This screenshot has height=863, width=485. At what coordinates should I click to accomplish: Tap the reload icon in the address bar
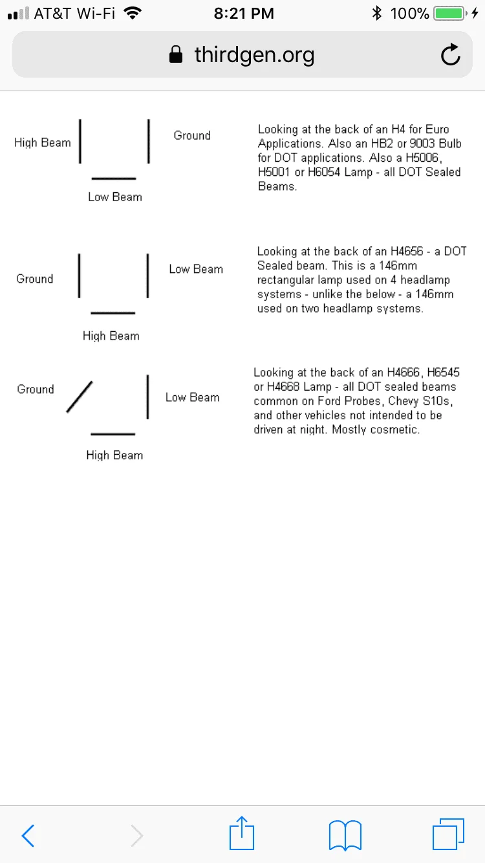tap(450, 55)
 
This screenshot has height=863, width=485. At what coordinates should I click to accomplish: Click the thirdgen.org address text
tap(254, 55)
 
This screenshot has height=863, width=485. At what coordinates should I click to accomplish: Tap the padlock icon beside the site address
tap(175, 55)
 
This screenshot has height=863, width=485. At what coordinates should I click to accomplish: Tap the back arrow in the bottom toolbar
tap(28, 835)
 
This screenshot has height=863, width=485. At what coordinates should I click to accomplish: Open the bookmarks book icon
tap(345, 835)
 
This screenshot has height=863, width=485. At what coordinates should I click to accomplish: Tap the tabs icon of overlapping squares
tap(447, 834)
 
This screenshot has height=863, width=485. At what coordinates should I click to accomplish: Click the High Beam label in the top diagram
tap(43, 143)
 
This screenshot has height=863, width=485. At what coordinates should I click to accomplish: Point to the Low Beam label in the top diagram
tap(115, 197)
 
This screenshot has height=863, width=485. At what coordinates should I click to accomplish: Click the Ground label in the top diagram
tap(192, 136)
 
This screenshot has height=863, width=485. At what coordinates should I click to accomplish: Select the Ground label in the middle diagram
tap(35, 279)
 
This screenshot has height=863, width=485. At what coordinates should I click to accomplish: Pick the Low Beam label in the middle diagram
tap(196, 269)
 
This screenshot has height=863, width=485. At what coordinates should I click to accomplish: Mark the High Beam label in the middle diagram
tap(111, 336)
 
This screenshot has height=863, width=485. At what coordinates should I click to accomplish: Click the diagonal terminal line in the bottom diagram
tap(79, 397)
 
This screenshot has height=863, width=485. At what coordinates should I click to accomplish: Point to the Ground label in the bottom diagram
tap(36, 389)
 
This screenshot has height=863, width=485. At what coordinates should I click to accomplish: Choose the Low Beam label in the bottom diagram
tap(193, 398)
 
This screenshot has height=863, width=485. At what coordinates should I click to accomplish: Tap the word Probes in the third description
tap(363, 401)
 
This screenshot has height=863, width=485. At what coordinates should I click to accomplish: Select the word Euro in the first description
tap(437, 129)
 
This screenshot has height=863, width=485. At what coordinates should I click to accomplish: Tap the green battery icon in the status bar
tap(449, 14)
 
